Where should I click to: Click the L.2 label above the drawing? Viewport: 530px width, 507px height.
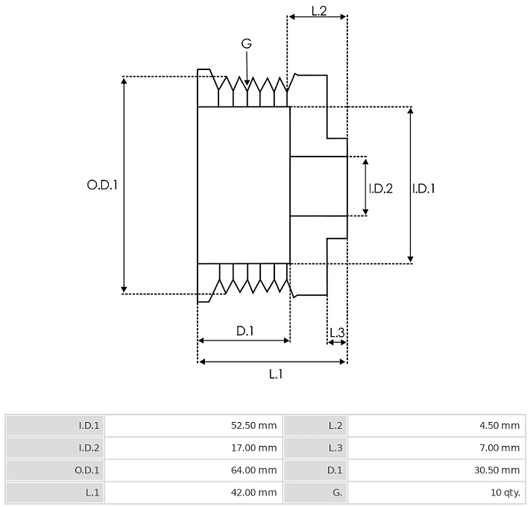[319, 11]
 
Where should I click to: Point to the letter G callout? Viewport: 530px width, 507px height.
[247, 43]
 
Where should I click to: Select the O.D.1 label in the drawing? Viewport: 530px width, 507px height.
[102, 185]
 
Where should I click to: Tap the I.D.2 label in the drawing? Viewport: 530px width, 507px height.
[381, 189]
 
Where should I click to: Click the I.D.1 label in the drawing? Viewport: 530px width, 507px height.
[423, 189]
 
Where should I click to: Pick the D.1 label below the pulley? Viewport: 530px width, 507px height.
[245, 331]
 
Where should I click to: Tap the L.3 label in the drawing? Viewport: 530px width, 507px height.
[337, 333]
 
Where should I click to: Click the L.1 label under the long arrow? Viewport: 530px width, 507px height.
[276, 374]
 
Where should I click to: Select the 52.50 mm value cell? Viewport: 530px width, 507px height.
[193, 425]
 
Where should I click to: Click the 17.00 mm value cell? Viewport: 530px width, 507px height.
[193, 448]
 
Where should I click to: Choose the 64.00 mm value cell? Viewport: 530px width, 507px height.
[193, 470]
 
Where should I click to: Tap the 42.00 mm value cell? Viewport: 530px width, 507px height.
[193, 493]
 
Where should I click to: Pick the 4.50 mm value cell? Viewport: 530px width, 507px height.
[437, 425]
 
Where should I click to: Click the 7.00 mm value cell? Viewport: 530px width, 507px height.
[437, 448]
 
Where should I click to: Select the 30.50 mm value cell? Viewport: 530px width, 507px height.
[437, 470]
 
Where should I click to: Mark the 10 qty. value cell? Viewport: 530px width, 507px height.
[437, 493]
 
